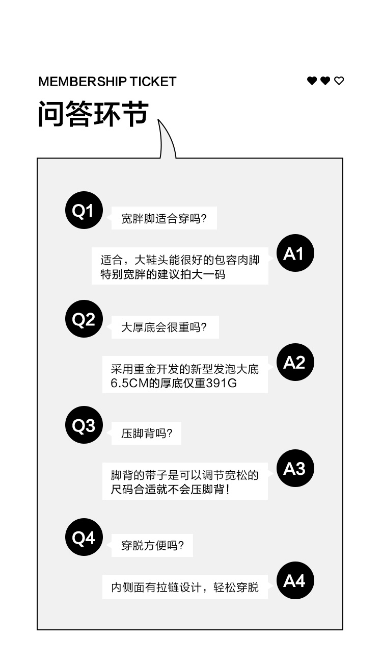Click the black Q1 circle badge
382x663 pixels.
[x=84, y=211]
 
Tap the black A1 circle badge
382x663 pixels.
[x=295, y=253]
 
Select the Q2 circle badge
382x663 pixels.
[x=84, y=319]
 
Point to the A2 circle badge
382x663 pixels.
[x=295, y=363]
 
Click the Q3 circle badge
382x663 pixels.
[x=84, y=425]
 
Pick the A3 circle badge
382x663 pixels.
[x=295, y=469]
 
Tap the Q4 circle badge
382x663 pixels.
[x=84, y=538]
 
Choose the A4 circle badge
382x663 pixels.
[x=295, y=581]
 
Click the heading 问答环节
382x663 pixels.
[x=93, y=113]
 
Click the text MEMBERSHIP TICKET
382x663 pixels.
[x=107, y=82]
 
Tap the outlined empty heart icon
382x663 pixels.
[x=339, y=81]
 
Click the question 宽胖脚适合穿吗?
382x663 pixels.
[x=163, y=219]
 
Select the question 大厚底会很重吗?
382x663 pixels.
[x=163, y=327]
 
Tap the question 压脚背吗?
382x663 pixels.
[x=147, y=433]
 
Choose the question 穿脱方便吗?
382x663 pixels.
[x=152, y=546]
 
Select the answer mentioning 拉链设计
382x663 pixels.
[x=184, y=588]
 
